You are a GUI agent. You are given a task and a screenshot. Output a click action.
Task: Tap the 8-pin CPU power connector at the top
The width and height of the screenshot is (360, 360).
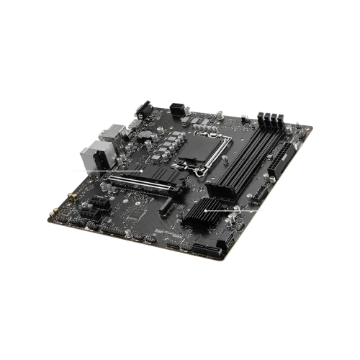176,107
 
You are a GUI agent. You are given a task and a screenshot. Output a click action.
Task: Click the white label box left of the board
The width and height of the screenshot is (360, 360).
79,170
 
